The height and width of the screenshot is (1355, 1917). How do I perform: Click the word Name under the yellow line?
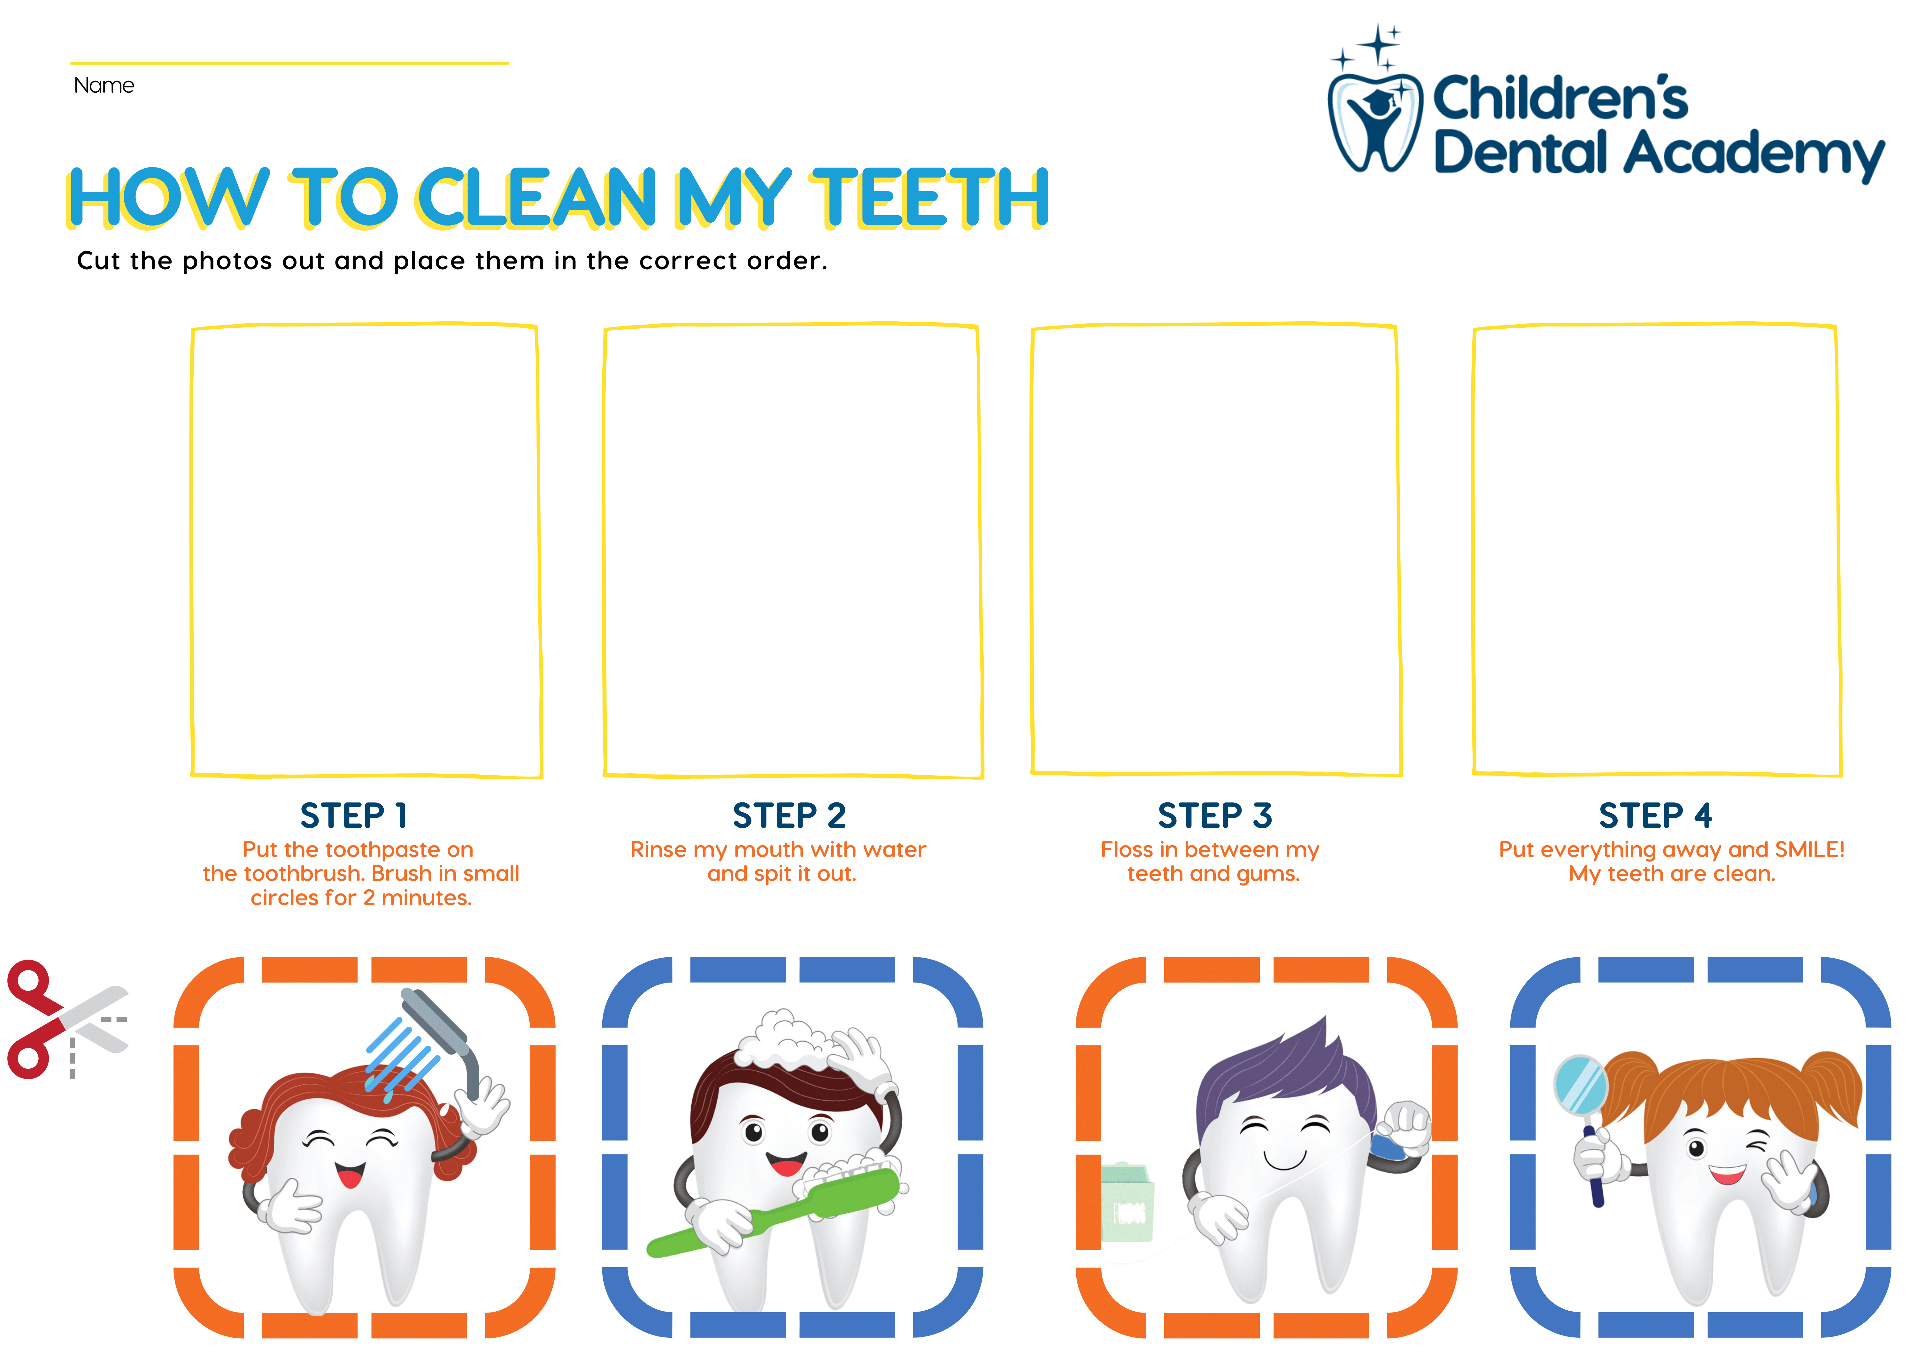pos(104,85)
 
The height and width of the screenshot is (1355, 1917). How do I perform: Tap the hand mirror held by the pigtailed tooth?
pos(1581,1085)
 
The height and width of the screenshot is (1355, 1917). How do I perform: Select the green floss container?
pos(1127,1202)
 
